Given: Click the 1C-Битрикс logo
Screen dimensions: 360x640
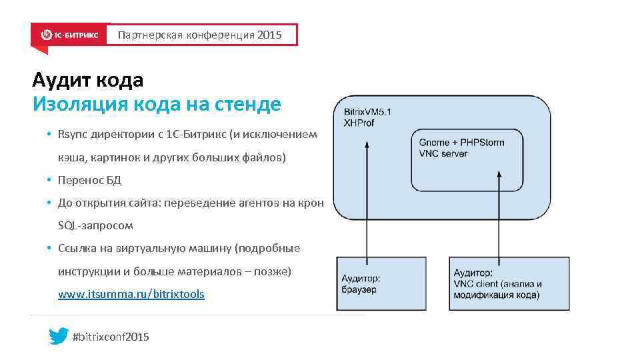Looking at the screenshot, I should (x=69, y=35).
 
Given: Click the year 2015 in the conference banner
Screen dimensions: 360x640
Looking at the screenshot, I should (x=269, y=35).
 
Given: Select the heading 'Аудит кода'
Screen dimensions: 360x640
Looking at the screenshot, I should (x=87, y=81).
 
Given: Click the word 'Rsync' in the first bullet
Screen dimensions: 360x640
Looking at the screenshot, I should (x=70, y=135).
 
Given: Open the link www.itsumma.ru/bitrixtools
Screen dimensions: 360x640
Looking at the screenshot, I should (x=131, y=293).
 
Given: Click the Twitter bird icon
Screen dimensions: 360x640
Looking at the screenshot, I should (x=58, y=336).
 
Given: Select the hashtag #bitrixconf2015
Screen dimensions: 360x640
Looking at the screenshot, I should (x=111, y=337).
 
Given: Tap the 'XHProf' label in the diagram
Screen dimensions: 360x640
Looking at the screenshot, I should (x=359, y=123).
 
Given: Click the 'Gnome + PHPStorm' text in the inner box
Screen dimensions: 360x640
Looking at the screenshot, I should (x=461, y=143).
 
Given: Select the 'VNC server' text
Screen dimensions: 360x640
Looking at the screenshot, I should (x=443, y=153).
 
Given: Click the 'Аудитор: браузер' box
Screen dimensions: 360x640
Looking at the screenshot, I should (x=381, y=283).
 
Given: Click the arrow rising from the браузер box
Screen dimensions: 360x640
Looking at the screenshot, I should (x=365, y=200).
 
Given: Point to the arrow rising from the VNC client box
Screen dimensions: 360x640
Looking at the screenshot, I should (x=498, y=213).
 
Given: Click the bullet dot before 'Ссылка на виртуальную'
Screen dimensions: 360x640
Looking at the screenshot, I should (x=49, y=249).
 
